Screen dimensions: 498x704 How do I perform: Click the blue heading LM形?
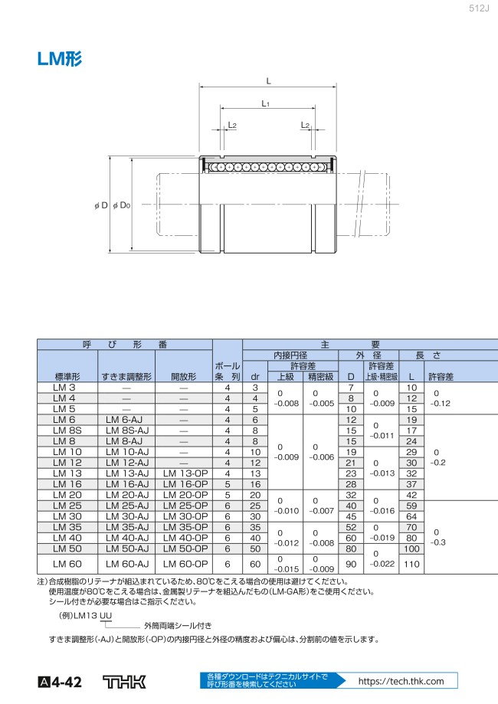[59, 59]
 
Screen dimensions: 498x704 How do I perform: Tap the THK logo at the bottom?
[124, 682]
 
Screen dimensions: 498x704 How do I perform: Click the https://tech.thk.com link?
[401, 681]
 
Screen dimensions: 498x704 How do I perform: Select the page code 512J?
[479, 8]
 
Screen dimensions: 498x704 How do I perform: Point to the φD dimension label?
[101, 205]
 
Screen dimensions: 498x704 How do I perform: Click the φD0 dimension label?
[121, 205]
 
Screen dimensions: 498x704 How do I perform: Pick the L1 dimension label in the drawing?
[265, 103]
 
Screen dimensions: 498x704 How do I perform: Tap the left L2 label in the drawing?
[231, 125]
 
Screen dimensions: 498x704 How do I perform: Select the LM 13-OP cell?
[185, 473]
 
